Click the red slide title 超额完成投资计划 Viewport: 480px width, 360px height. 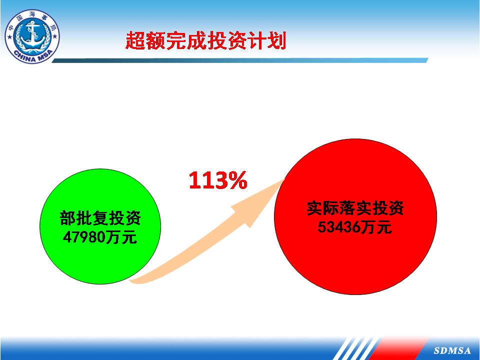tap(205, 40)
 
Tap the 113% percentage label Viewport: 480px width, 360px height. tap(218, 180)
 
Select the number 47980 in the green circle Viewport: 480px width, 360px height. tap(84, 236)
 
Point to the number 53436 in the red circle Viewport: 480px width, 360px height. tap(338, 227)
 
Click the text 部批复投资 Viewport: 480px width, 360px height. tap(100, 217)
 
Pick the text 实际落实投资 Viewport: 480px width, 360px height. tap(355, 208)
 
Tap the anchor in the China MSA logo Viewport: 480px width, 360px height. tap(32, 33)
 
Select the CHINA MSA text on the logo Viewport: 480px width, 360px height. tap(32, 56)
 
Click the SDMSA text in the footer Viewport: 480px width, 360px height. tap(452, 350)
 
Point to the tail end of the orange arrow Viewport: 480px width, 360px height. tap(132, 281)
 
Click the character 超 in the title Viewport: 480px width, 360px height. tap(135, 40)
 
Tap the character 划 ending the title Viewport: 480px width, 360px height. tap(276, 40)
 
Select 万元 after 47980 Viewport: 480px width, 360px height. tap(121, 236)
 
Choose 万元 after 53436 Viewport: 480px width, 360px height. tap(376, 227)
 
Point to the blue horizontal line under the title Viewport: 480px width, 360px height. tap(240, 60)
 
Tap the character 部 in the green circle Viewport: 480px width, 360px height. tap(67, 218)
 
